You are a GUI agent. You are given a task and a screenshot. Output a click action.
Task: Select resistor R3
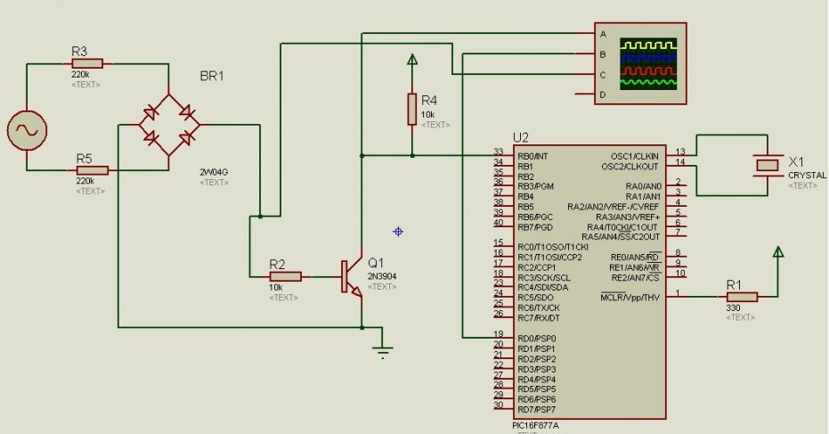click(86, 63)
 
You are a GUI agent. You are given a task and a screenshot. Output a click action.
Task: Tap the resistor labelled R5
click(91, 170)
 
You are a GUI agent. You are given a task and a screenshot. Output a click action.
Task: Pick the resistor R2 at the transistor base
click(286, 276)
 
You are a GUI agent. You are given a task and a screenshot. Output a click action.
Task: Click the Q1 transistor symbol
click(352, 276)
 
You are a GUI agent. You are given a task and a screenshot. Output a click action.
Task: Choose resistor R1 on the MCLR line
click(741, 296)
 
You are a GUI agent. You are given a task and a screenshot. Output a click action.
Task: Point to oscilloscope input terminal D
click(603, 94)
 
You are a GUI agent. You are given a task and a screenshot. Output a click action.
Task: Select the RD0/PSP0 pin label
click(536, 339)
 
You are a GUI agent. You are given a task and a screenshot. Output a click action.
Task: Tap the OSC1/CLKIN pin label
click(630, 155)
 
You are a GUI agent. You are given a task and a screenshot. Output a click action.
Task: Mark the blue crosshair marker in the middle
click(398, 232)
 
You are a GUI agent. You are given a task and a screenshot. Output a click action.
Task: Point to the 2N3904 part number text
click(382, 276)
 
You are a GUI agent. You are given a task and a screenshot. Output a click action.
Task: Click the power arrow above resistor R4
click(411, 61)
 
